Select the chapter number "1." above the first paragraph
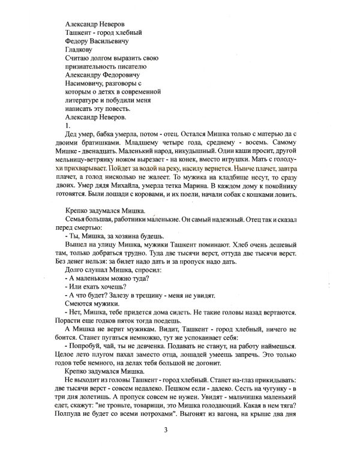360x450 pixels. (67, 127)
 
